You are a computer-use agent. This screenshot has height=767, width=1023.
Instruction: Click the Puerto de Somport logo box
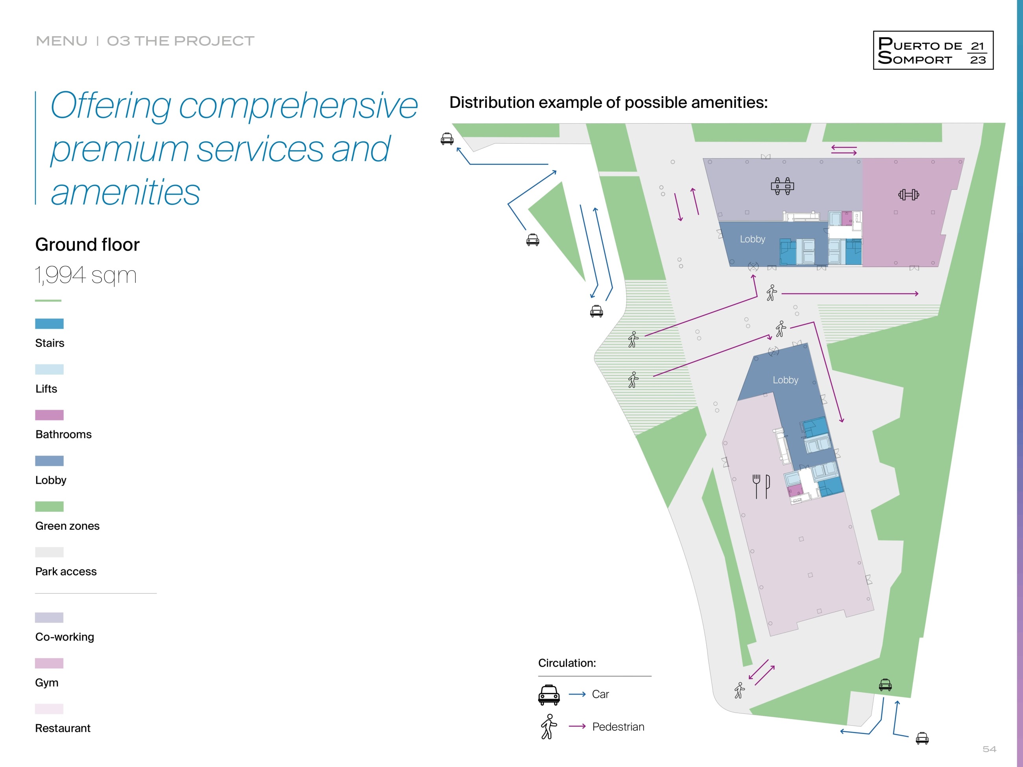click(933, 50)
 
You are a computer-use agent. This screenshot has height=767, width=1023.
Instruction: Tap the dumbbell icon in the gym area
click(908, 195)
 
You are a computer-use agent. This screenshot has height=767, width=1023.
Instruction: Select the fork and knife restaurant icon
click(761, 486)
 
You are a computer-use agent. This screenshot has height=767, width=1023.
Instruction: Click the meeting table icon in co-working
click(783, 186)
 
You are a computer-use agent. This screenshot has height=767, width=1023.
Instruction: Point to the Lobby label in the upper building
click(752, 239)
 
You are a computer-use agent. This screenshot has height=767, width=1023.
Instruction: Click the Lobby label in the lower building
click(785, 380)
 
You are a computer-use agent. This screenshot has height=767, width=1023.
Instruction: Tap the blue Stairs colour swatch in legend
click(50, 324)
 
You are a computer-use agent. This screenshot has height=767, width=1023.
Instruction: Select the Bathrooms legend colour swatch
click(50, 415)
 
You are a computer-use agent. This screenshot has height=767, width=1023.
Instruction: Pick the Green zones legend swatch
click(50, 506)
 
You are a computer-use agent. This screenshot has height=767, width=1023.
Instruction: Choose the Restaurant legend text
click(63, 728)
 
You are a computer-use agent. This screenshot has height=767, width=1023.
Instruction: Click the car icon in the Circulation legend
click(549, 695)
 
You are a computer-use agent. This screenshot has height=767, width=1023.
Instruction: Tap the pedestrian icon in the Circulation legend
click(548, 727)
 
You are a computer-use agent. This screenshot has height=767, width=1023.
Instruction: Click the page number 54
click(989, 749)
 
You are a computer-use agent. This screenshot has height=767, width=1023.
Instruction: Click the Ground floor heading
click(87, 245)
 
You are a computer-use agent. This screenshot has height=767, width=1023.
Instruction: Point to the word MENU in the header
click(61, 41)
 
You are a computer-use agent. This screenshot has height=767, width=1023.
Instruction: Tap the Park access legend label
click(66, 572)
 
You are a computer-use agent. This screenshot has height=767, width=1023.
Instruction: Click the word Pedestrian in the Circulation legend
click(618, 727)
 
